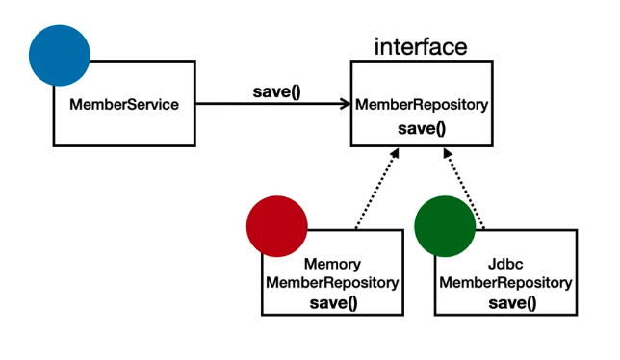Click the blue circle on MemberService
click(59, 55)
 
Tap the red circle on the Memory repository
click(276, 227)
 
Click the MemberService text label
click(124, 104)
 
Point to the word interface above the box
click(420, 47)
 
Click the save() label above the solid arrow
click(276, 92)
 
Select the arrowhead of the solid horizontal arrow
click(344, 104)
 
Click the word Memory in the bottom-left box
click(332, 264)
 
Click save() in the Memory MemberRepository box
click(332, 303)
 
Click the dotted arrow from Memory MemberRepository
click(375, 191)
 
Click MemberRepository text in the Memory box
click(332, 283)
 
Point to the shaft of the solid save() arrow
click(270, 104)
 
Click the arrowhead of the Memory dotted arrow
click(394, 154)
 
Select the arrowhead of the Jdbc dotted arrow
click(446, 154)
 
